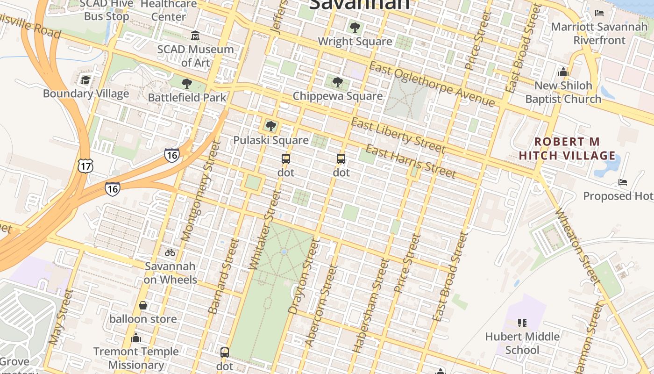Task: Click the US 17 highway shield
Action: (x=86, y=165)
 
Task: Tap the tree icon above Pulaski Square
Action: (x=270, y=126)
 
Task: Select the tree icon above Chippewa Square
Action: (x=337, y=82)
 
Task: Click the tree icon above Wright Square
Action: (x=355, y=27)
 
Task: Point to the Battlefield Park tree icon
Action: (x=187, y=84)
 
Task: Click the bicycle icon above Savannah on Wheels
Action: (x=170, y=252)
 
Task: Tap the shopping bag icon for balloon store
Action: (x=143, y=305)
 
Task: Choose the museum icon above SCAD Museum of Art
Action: (x=195, y=36)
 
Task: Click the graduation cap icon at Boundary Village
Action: (x=85, y=80)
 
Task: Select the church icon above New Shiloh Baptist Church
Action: (x=563, y=72)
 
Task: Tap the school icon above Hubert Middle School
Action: (x=522, y=323)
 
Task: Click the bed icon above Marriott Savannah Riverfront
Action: (x=599, y=13)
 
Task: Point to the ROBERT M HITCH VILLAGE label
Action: (x=567, y=149)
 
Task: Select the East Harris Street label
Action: (x=410, y=162)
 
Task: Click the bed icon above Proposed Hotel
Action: (x=622, y=182)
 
